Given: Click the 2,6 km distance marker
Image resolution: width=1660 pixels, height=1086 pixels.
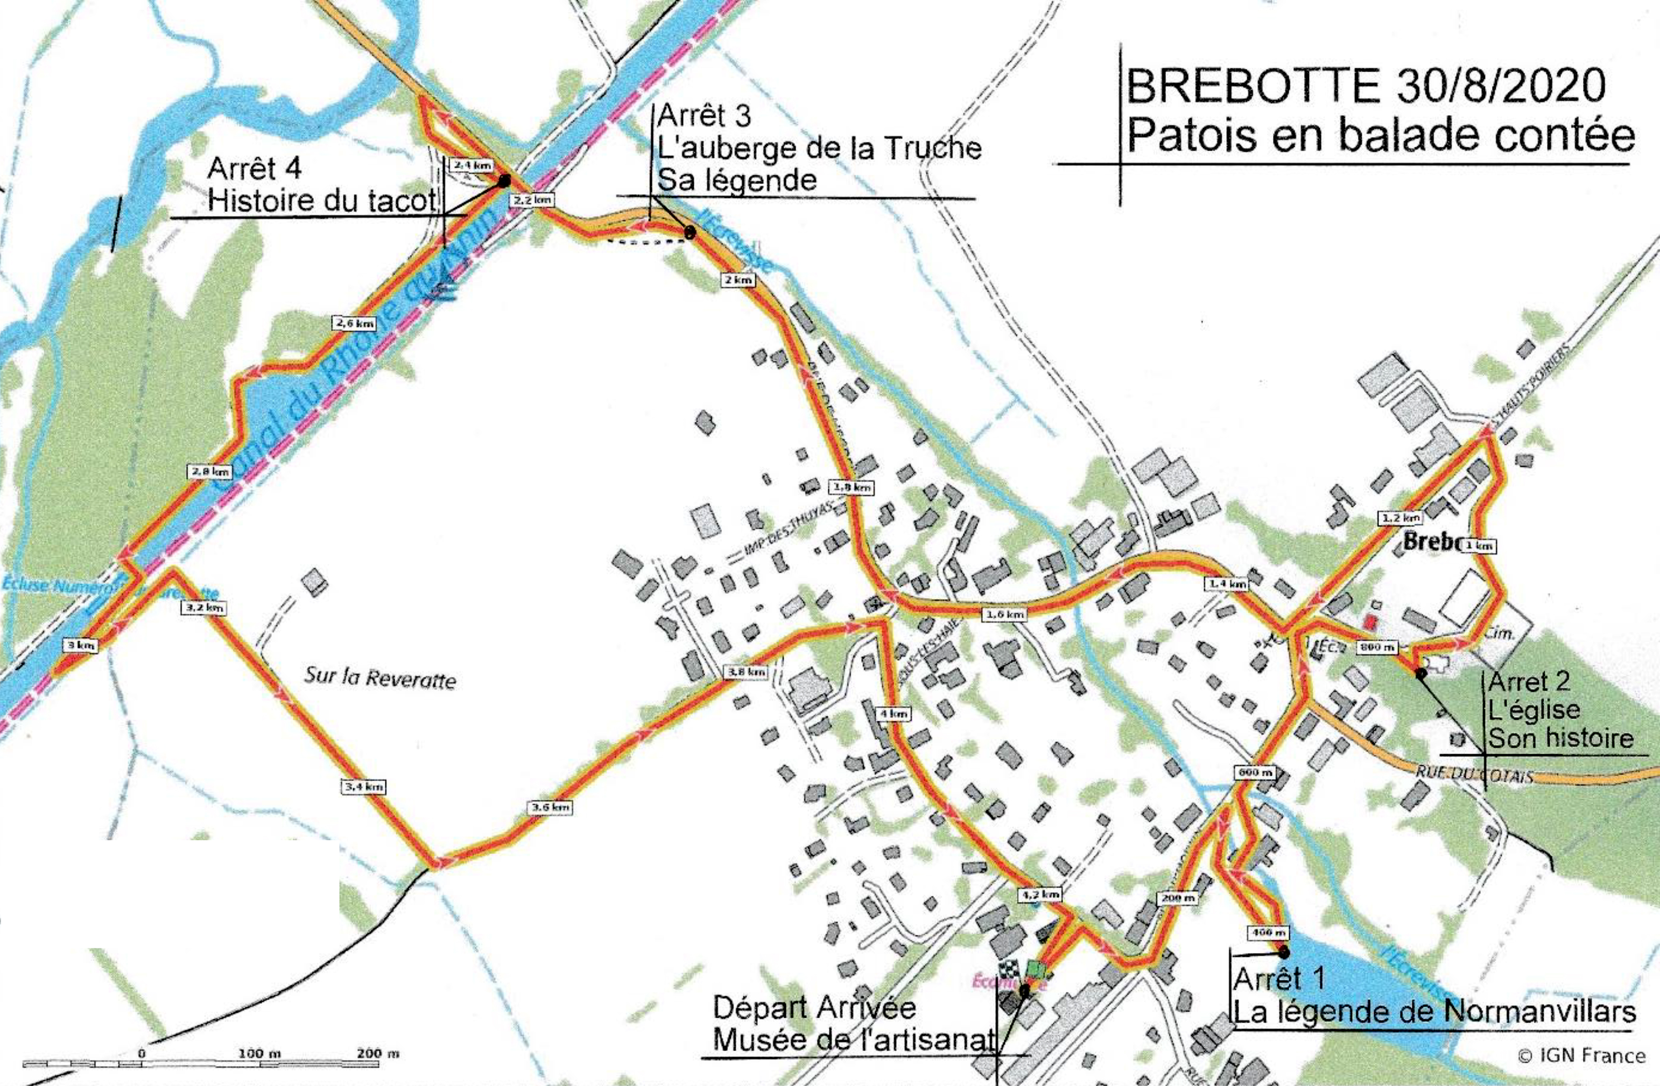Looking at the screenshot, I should (354, 323).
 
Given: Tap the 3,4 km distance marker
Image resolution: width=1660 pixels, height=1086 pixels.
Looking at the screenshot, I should (363, 787).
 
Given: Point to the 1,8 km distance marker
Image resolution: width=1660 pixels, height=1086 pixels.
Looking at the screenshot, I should (852, 487).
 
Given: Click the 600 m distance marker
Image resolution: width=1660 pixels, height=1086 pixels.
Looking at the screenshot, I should (1255, 772).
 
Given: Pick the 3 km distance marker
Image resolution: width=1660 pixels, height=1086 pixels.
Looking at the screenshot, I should (80, 645).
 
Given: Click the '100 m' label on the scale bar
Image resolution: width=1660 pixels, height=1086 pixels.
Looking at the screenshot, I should (259, 1053).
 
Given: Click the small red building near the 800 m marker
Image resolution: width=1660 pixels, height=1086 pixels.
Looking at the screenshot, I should (1370, 620).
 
